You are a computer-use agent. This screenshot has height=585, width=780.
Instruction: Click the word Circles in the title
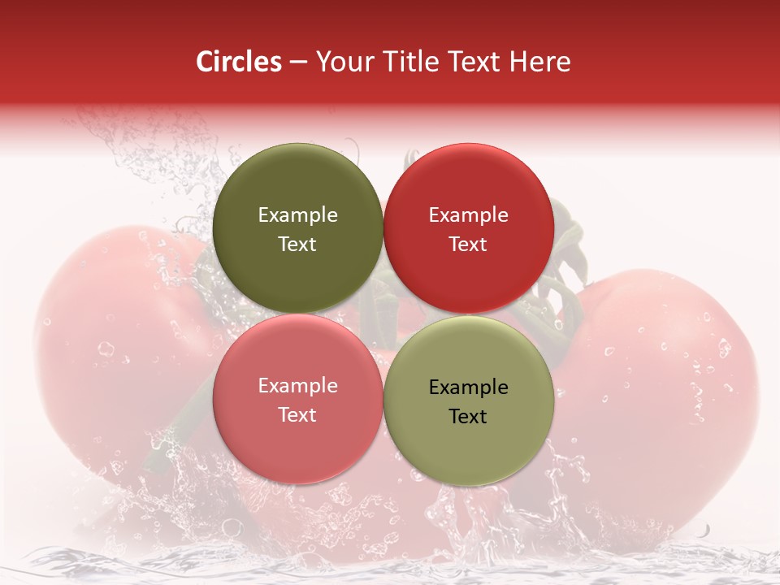pos(238,62)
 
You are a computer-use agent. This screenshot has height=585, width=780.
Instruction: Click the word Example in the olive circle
pos(297,215)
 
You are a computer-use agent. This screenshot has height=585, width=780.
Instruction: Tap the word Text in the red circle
pos(468,245)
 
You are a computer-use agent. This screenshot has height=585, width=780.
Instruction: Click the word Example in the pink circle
pos(297,386)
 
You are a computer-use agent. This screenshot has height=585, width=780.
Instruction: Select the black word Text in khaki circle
pos(468,417)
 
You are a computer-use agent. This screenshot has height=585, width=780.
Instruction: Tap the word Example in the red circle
pos(468,215)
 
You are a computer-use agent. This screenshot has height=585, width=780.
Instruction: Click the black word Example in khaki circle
pos(468,388)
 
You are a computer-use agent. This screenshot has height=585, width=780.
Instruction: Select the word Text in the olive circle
pos(297,245)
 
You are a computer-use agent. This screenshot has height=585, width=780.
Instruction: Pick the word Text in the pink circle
pos(297,415)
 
